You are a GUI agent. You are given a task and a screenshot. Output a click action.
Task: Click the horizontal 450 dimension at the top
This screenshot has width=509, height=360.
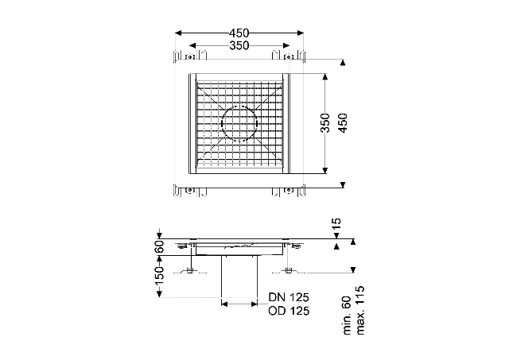pos(239,33)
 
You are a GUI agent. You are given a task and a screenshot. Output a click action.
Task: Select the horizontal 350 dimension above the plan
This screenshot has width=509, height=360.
pos(239,45)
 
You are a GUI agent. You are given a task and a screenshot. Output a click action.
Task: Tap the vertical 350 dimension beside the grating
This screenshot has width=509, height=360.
pos(325,122)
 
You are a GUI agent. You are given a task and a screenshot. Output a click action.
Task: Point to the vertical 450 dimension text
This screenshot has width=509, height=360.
pos(342,122)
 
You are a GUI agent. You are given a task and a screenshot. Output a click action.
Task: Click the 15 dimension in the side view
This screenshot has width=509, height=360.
pos(336,224)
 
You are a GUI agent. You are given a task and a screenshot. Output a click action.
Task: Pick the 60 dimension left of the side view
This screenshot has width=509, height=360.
pos(160,247)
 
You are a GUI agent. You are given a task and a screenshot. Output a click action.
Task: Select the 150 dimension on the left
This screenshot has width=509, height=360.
pos(160,275)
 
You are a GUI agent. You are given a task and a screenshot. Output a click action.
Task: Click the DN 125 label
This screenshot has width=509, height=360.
pos(289,297)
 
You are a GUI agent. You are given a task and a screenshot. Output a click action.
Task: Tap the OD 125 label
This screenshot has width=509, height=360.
pos(289,311)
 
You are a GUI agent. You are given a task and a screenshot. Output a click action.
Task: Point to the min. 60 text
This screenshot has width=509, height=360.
pos(347,315)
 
